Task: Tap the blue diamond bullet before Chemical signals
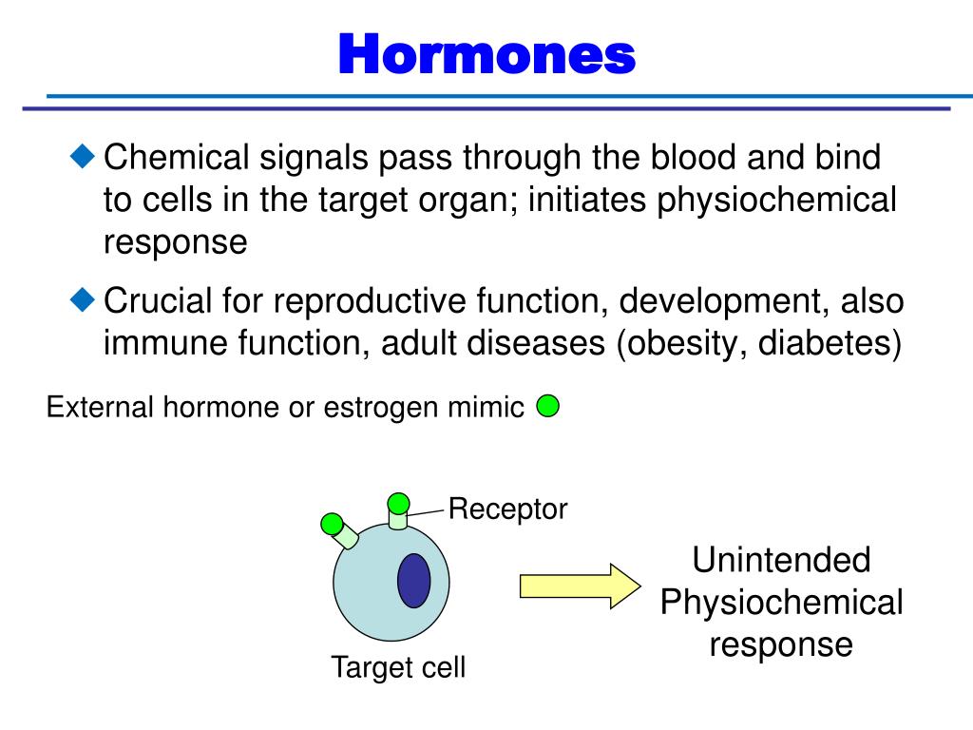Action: coord(85,155)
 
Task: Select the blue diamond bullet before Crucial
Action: coord(85,299)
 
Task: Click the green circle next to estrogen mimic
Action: coord(547,407)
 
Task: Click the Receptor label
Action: coord(507,509)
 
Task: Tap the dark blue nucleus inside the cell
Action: coord(413,580)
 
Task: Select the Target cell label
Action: coord(398,667)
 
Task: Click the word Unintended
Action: coord(781,560)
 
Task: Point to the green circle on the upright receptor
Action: coord(398,503)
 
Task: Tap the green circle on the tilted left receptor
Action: coord(332,523)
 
